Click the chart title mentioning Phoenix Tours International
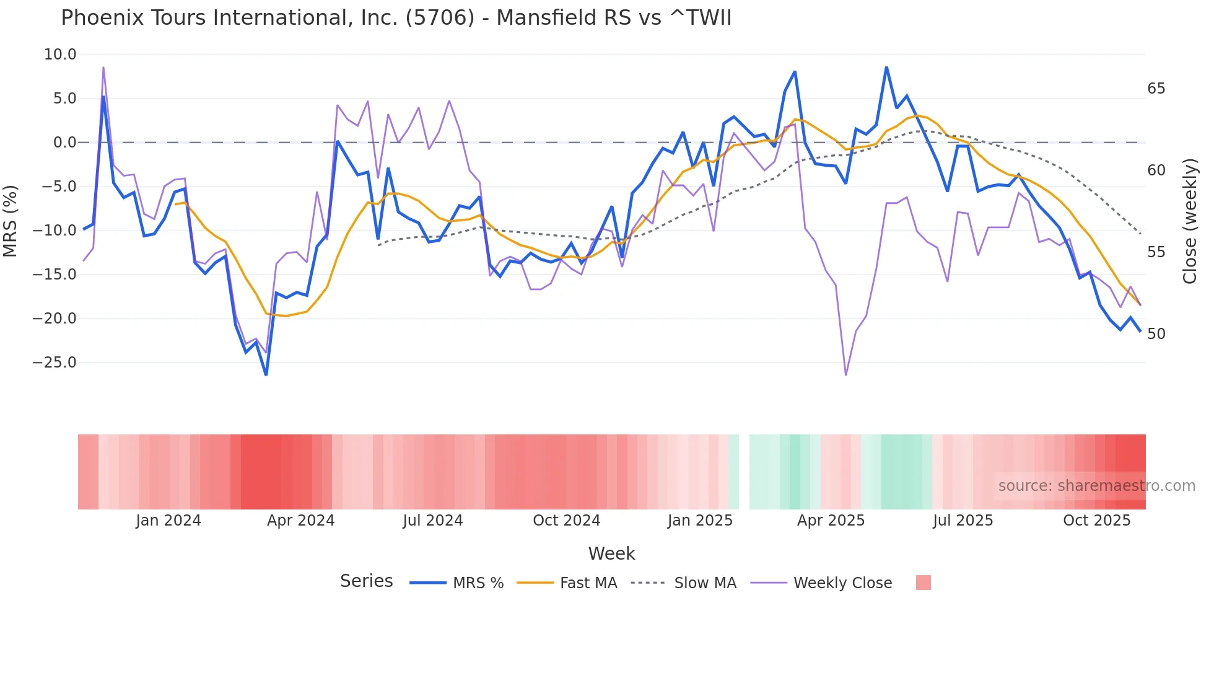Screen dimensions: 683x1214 pos(396,18)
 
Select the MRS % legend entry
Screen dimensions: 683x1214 pos(478,583)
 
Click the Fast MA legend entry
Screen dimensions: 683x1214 pos(588,583)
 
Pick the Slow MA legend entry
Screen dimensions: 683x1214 pos(705,583)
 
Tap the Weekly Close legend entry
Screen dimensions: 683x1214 pos(842,583)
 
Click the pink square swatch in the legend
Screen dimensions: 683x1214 pos(923,583)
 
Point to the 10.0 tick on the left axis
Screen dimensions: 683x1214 pos(60,55)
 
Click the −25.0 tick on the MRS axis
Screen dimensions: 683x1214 pos(55,363)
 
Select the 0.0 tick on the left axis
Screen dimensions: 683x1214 pos(64,143)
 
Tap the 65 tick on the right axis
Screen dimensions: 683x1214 pos(1156,89)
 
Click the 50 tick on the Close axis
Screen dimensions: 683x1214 pos(1156,334)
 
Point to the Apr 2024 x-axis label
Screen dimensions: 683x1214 pos(300,521)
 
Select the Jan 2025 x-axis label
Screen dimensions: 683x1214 pos(700,521)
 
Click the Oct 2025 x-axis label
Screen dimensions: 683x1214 pos(1096,521)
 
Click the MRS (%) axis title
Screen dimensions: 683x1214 pos(11,221)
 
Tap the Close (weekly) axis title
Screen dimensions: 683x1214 pos(1189,221)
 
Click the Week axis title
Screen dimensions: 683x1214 pos(611,553)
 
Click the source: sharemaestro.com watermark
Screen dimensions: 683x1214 pos(1096,486)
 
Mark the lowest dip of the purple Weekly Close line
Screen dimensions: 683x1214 pos(845,374)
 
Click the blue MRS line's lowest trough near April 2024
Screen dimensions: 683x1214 pos(266,374)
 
